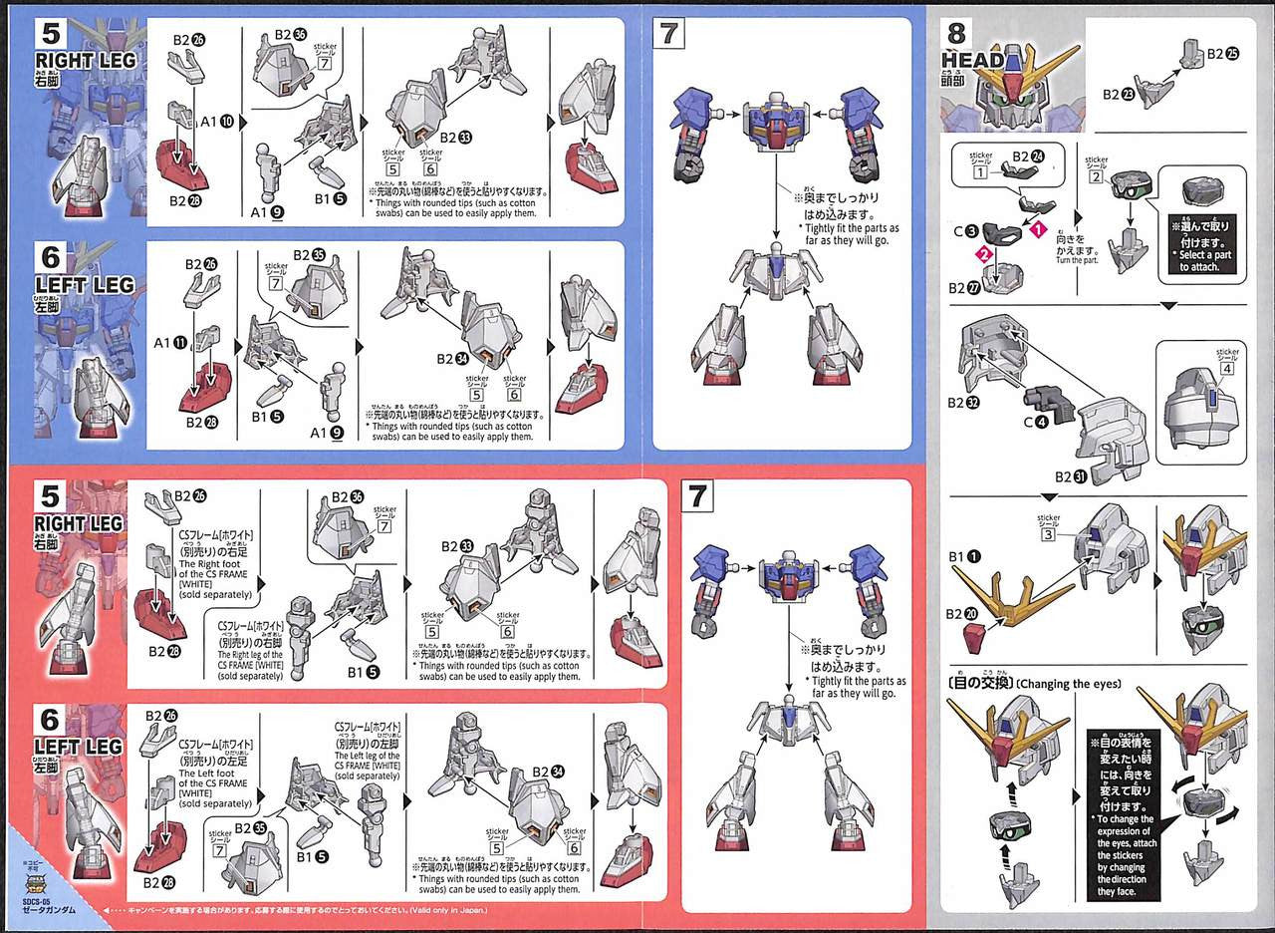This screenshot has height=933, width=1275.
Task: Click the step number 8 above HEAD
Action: click(956, 34)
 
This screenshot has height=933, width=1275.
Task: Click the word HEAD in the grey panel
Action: click(972, 60)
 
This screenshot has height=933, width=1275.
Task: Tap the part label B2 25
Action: click(1223, 54)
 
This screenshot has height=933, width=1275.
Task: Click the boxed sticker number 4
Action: click(1227, 369)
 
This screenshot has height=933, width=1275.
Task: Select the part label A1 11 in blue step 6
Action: click(169, 341)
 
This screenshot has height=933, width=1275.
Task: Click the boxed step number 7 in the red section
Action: click(697, 494)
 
